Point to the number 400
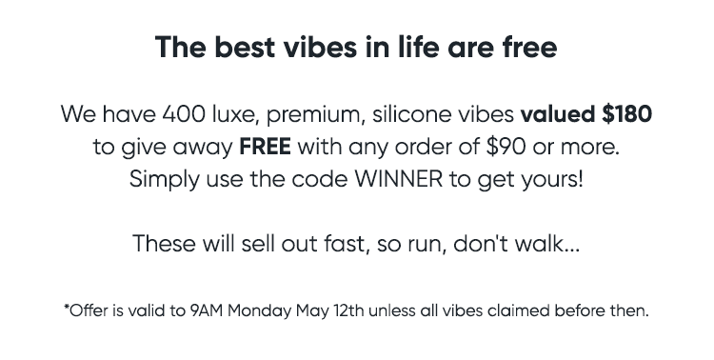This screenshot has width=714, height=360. (x=184, y=114)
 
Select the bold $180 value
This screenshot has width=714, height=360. (x=626, y=114)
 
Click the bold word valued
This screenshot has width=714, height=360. (x=558, y=114)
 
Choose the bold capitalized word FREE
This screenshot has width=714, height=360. (x=265, y=147)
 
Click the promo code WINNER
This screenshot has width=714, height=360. (x=399, y=179)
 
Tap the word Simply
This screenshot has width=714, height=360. (x=165, y=180)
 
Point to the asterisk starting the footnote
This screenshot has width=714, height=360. (x=67, y=307)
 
